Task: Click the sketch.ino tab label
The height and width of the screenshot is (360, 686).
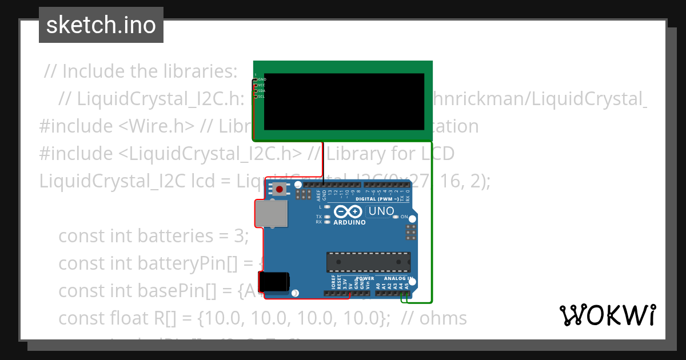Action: click(101, 25)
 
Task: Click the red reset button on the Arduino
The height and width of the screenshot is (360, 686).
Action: click(279, 189)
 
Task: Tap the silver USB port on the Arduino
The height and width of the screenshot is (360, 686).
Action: click(271, 215)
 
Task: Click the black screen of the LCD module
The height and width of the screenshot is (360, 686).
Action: click(344, 102)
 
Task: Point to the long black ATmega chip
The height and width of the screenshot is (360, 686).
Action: click(368, 262)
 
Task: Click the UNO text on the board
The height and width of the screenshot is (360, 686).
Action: click(381, 211)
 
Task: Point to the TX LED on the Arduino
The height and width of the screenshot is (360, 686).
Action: click(327, 217)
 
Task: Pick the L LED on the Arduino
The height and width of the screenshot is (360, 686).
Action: click(327, 206)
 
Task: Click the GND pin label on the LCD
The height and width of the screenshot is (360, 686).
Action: click(262, 79)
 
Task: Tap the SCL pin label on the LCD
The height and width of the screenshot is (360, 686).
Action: click(261, 97)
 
